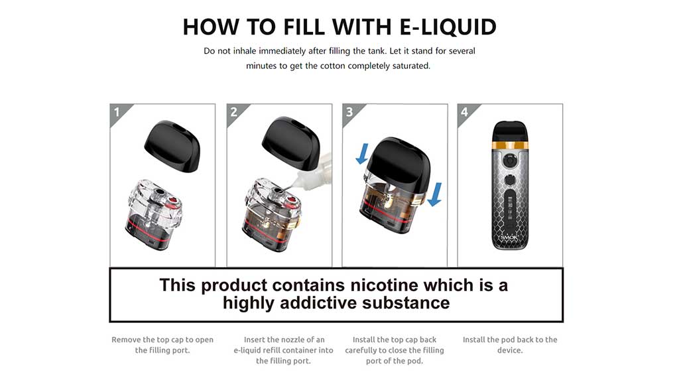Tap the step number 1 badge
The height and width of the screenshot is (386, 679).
coord(117,112)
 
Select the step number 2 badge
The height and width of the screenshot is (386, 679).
coord(233,112)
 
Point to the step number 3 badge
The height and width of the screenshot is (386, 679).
coord(349,112)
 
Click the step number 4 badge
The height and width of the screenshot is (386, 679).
coord(465,112)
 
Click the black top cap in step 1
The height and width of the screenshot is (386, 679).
coord(172,146)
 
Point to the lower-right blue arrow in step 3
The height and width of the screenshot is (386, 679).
coord(434,194)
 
